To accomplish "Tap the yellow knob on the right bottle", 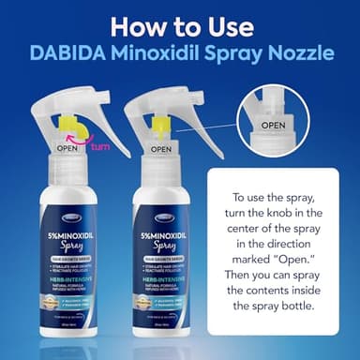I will [x=161, y=125].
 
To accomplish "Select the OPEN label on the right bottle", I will [x=161, y=148].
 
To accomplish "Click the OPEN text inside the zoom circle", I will [x=273, y=125].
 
